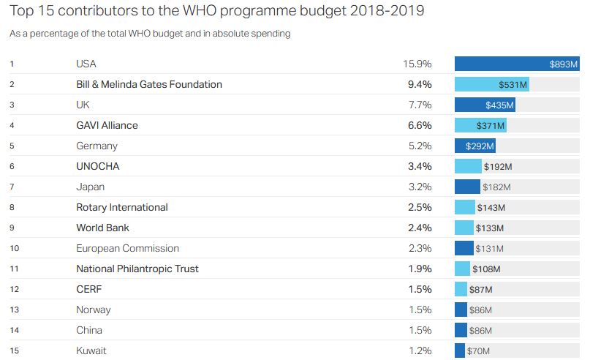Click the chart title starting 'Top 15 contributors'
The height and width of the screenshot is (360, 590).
(x=216, y=11)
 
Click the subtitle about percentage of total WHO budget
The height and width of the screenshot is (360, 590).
(x=150, y=34)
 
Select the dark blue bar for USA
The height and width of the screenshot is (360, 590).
(x=517, y=64)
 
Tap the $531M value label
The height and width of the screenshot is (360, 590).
(x=513, y=84)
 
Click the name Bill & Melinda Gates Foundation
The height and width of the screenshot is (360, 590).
(x=149, y=84)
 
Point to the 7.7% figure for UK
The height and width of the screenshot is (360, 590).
(x=420, y=105)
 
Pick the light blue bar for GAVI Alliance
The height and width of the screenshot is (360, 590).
(x=480, y=125)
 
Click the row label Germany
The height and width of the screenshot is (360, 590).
(x=97, y=146)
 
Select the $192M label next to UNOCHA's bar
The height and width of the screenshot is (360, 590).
(x=497, y=166)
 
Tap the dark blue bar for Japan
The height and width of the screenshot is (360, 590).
(x=467, y=187)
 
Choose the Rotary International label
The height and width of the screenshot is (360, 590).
(x=122, y=207)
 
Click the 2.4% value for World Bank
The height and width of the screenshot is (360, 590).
(x=420, y=228)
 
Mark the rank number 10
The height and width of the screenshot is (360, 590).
(x=15, y=248)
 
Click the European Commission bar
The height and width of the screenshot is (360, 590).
(x=464, y=248)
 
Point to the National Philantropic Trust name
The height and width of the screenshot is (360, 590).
(x=137, y=269)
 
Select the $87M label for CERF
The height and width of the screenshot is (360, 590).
(x=480, y=289)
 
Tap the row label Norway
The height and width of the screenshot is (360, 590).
(x=94, y=310)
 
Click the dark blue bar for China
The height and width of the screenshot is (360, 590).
(x=461, y=330)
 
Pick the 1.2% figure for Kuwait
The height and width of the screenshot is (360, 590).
(x=420, y=350)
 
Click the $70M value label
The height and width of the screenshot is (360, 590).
(x=478, y=351)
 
